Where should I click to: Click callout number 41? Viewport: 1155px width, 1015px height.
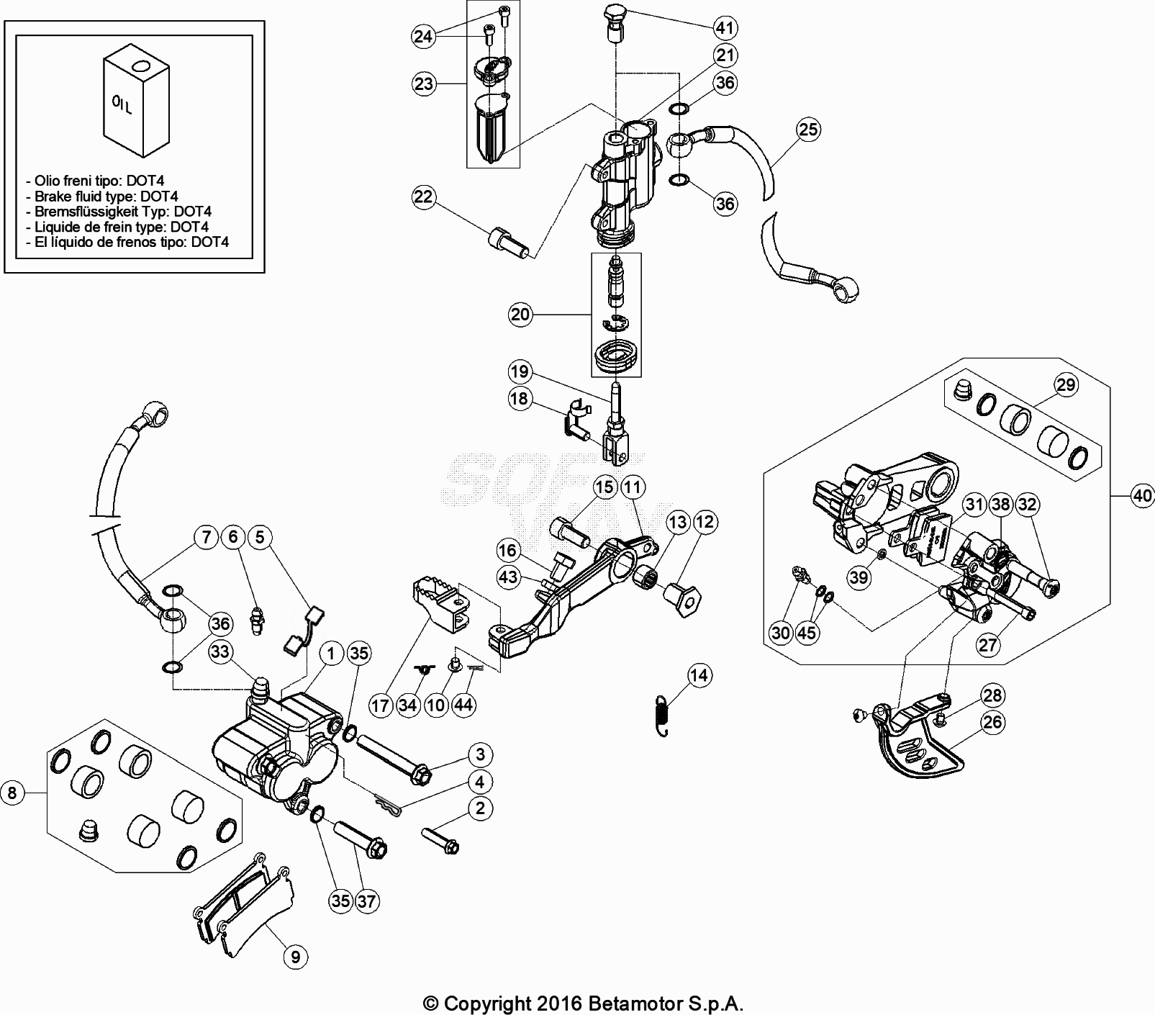pos(725,28)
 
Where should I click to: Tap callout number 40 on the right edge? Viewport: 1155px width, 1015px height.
pos(1141,496)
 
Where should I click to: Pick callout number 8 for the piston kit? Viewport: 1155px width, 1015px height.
pos(12,793)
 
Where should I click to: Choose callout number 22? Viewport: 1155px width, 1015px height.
pos(424,197)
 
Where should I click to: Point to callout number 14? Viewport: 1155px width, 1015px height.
pos(699,675)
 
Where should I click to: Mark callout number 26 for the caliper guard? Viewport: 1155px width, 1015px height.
pos(992,722)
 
